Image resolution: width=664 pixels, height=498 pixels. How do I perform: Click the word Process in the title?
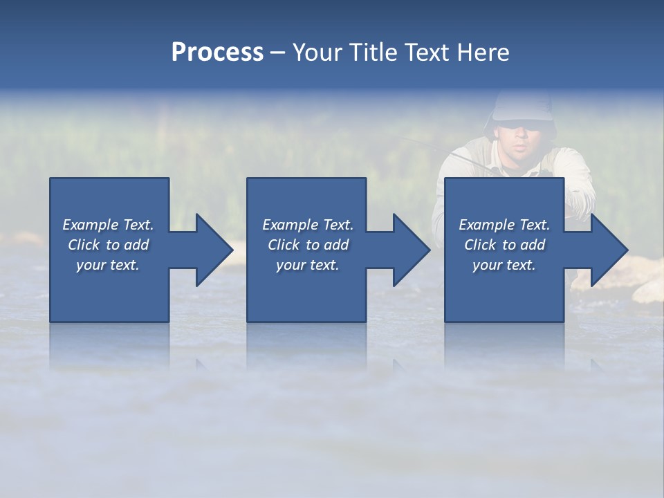click(217, 53)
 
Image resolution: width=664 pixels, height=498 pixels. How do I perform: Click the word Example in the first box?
click(91, 225)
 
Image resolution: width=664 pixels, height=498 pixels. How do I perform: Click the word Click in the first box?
click(84, 245)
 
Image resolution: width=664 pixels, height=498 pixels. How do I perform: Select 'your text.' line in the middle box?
click(307, 265)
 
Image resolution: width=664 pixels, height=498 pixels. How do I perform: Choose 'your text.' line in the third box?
click(504, 265)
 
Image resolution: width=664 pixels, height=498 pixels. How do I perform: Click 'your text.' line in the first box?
click(107, 265)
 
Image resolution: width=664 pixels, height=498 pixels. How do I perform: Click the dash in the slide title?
click(278, 53)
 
